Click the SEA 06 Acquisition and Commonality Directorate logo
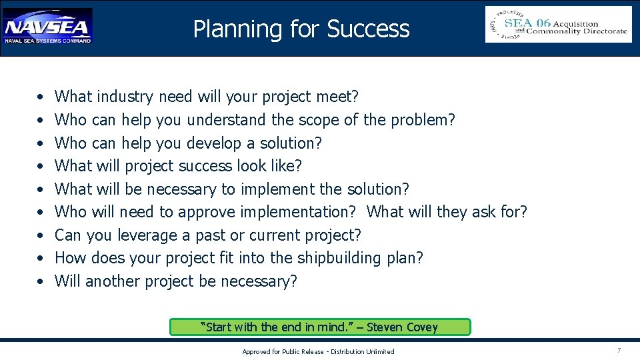click(x=558, y=25)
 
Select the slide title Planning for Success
click(x=301, y=29)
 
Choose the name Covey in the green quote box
click(x=421, y=327)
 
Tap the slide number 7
click(x=619, y=351)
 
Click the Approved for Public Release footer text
click(x=318, y=351)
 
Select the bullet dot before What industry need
click(x=40, y=97)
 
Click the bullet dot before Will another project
click(x=40, y=282)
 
